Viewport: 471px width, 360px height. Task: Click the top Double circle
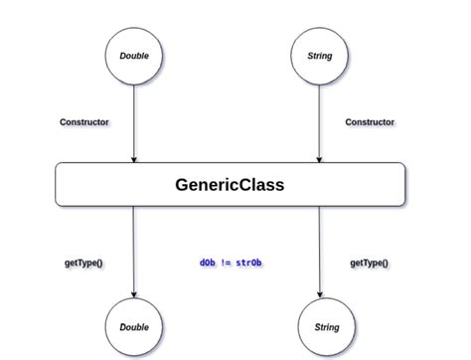(x=133, y=56)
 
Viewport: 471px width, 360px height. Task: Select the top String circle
(x=318, y=56)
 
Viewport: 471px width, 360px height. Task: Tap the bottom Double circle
(x=133, y=326)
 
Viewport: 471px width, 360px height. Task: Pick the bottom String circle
(x=326, y=326)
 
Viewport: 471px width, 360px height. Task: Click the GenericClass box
(x=89, y=184)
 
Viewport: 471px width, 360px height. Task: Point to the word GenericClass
(x=229, y=184)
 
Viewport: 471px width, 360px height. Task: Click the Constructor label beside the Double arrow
(x=84, y=122)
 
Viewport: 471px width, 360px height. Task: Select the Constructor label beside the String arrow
(x=370, y=122)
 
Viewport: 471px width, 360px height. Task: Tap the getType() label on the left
(x=84, y=263)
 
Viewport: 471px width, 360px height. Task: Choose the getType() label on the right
(x=370, y=263)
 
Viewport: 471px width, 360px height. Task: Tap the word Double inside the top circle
(x=133, y=56)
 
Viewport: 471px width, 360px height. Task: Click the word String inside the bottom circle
(x=326, y=326)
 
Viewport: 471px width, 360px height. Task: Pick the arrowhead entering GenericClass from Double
(x=133, y=158)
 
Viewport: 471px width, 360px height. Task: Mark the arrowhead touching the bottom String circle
(x=320, y=292)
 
